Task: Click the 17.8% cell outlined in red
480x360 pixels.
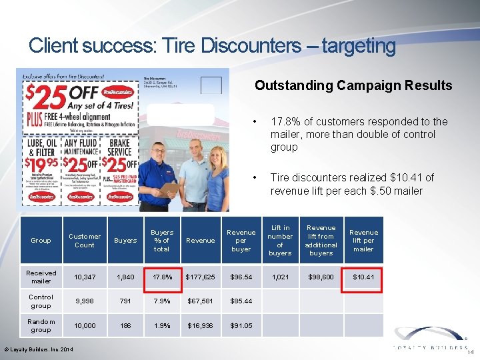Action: click(x=161, y=276)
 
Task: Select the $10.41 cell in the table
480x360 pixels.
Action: click(x=363, y=276)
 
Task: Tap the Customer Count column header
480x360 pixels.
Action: click(x=85, y=240)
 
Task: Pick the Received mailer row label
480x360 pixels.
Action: click(x=41, y=277)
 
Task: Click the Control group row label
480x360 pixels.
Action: click(x=41, y=301)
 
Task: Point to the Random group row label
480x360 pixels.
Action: click(x=41, y=325)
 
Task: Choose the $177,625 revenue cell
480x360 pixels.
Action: click(x=201, y=276)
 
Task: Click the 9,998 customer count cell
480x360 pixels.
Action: click(x=85, y=301)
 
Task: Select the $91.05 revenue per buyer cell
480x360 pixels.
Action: click(x=241, y=325)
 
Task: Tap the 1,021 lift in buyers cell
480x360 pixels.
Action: click(x=280, y=276)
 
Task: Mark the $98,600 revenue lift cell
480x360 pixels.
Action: click(x=321, y=276)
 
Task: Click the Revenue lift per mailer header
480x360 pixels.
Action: click(x=363, y=240)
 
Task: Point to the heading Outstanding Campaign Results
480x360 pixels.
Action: click(x=353, y=85)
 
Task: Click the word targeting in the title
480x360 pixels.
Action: click(x=358, y=46)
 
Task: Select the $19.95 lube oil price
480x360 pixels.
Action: click(x=41, y=164)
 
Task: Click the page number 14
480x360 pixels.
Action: click(x=471, y=352)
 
